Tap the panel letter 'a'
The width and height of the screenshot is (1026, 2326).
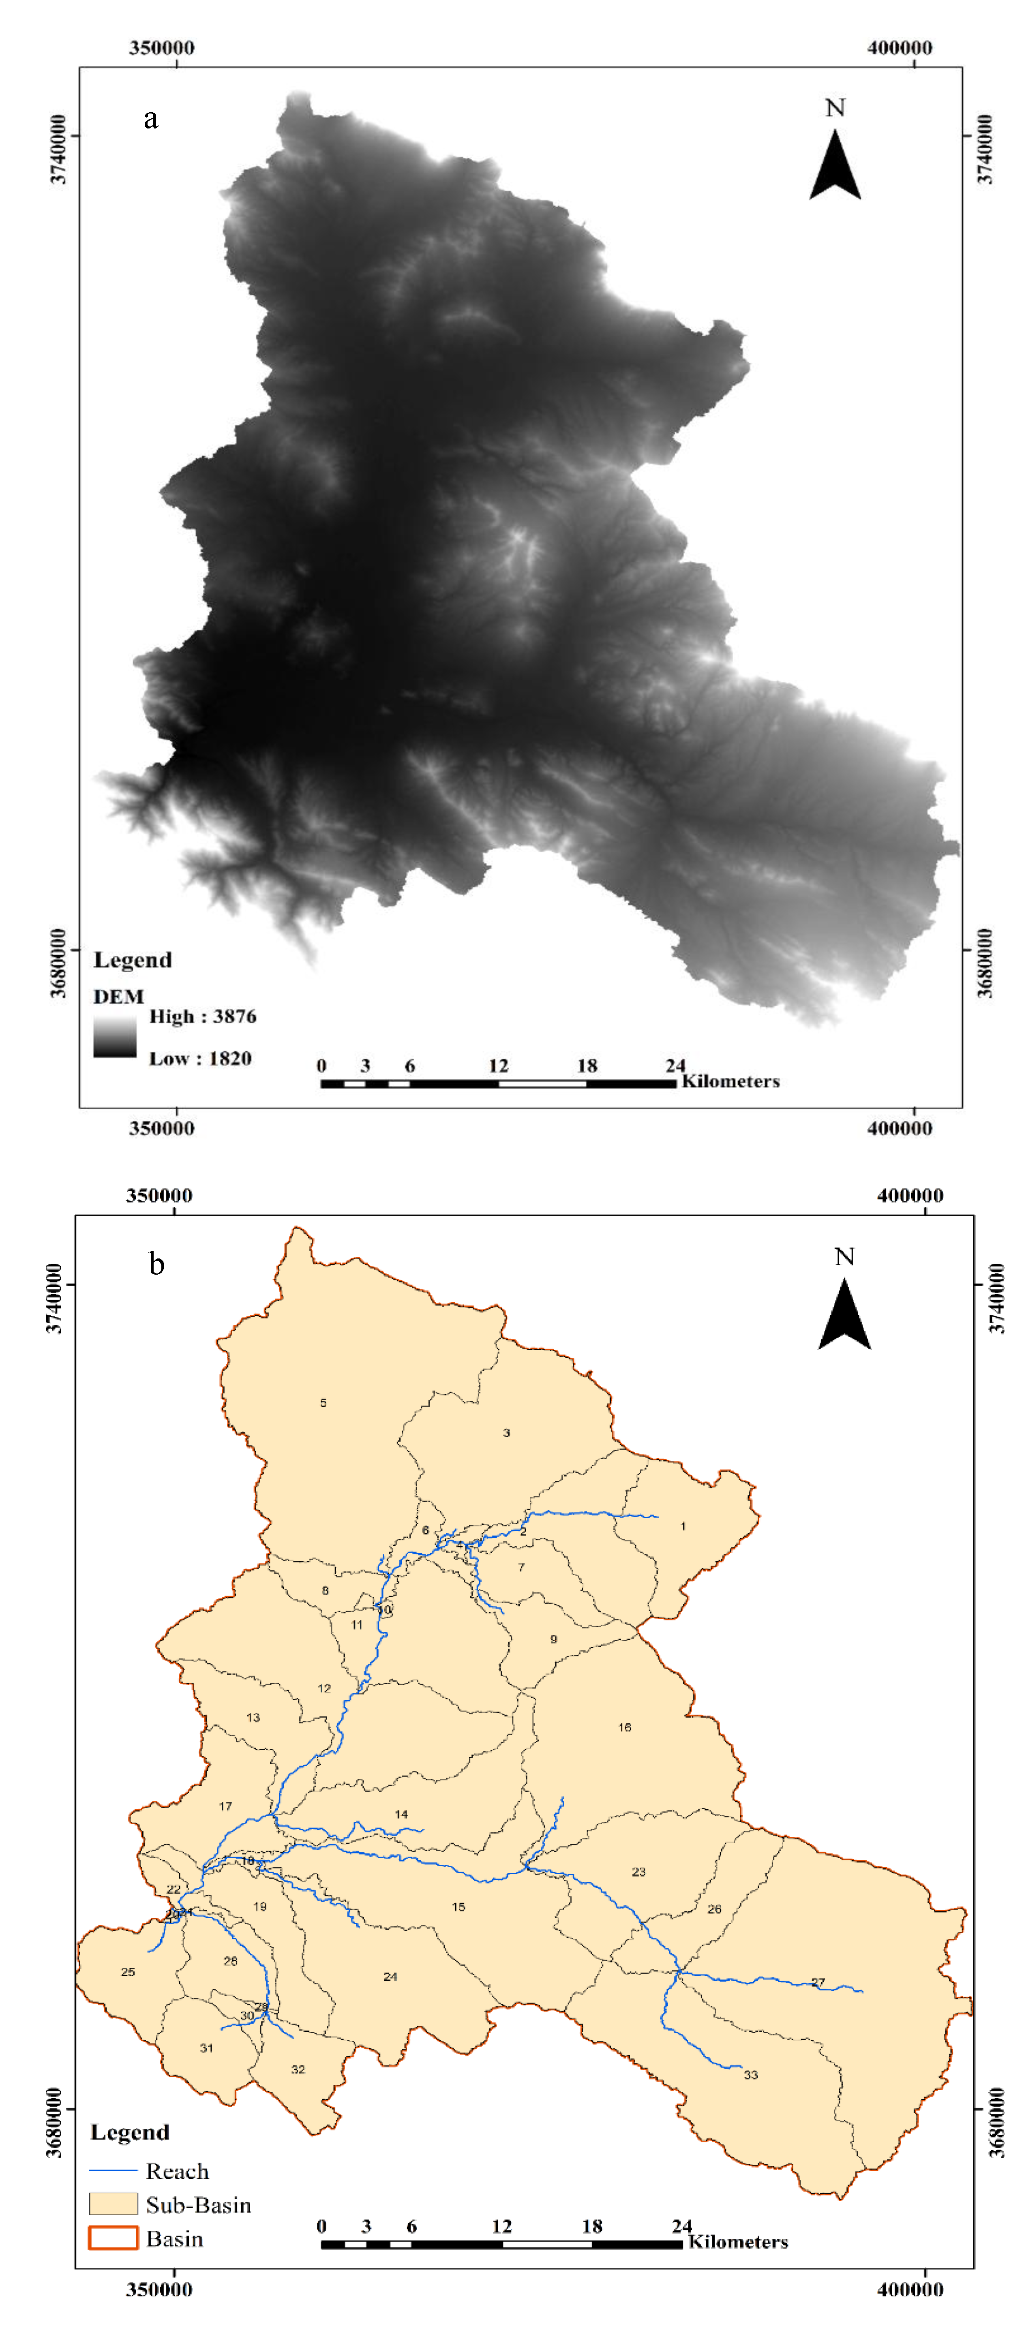tap(151, 118)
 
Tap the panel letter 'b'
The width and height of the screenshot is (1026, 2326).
tap(156, 1264)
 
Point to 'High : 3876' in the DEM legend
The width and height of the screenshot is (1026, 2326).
tap(202, 1017)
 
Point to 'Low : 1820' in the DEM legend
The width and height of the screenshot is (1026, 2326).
tap(199, 1058)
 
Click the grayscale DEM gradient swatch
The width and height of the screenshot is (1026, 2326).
tap(115, 1035)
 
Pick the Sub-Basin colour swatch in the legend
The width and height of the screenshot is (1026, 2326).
tap(113, 2204)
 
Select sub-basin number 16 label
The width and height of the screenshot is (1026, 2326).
tap(624, 1727)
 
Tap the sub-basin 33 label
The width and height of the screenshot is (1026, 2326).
tap(750, 2075)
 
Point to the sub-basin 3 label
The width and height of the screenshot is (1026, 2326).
tap(506, 1433)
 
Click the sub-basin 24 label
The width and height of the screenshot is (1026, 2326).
tap(390, 1977)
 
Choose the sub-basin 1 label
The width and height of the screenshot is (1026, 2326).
tap(683, 1526)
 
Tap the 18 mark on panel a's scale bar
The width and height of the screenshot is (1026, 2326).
tap(587, 1066)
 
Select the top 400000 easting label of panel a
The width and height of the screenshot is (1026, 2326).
tap(900, 48)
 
